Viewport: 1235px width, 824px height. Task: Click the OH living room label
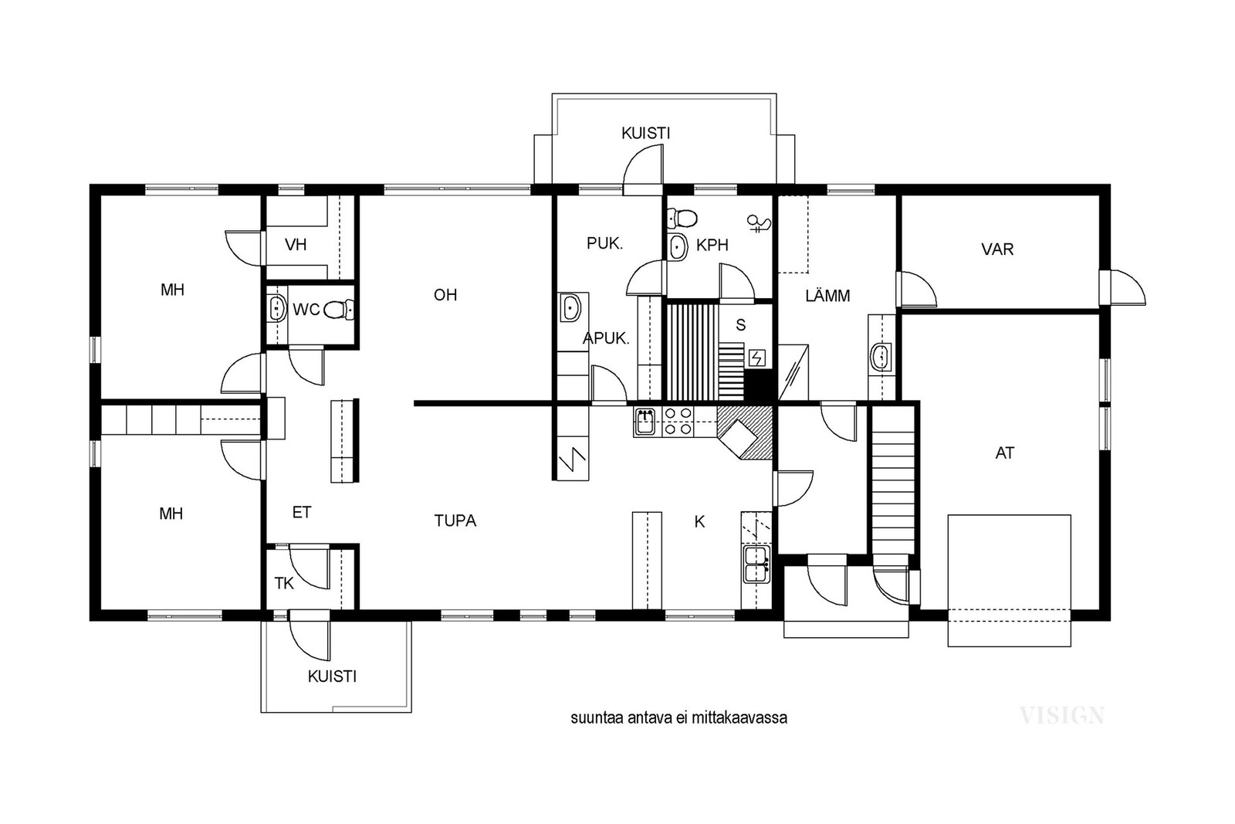coord(445,295)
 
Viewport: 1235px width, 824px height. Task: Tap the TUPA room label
coord(455,521)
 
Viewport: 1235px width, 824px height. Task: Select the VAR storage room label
coord(997,249)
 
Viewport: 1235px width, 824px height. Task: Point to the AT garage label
coord(1004,453)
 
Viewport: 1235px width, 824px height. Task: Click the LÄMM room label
coord(827,296)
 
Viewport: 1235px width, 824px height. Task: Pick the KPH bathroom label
coord(712,245)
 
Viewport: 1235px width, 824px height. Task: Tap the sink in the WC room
coord(276,308)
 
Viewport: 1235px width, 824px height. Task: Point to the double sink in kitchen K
coord(756,565)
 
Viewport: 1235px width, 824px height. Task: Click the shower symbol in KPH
coord(759,223)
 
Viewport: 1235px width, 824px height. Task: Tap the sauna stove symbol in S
coord(757,358)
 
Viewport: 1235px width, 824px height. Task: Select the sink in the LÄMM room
coord(881,357)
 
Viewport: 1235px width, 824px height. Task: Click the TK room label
coord(284,584)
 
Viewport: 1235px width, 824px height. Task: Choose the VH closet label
coord(296,244)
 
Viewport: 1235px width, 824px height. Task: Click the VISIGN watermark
coord(1062,716)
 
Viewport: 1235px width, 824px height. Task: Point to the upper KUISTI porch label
coord(645,133)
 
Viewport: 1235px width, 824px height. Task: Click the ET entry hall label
coord(302,512)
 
